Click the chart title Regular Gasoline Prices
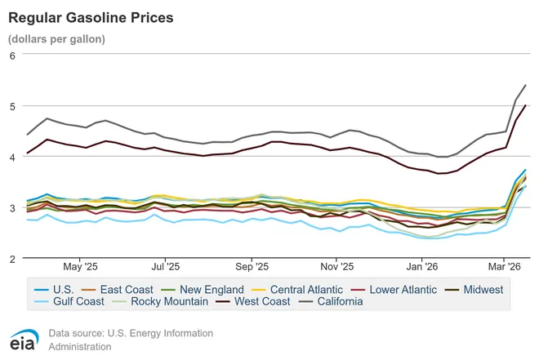point(90,16)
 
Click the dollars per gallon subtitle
point(56,38)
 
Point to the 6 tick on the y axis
point(12,56)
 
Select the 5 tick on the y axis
point(12,106)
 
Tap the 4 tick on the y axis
point(12,157)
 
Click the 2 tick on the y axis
point(12,259)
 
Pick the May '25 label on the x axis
point(80,266)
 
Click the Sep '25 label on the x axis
point(252,266)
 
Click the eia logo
point(24,340)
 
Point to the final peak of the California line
point(525,85)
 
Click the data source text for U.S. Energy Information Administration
point(131,340)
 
